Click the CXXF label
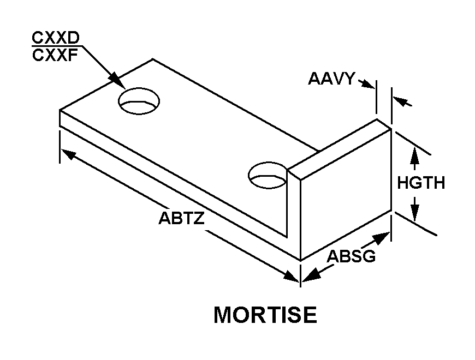coord(55,55)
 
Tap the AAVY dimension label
coord(331,79)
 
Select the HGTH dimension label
coord(420,183)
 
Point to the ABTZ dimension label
coord(182,218)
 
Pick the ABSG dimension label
coord(351,255)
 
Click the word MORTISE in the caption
coord(265,315)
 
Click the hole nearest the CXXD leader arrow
coord(140,101)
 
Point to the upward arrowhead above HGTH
coord(415,152)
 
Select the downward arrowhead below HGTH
coord(415,214)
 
